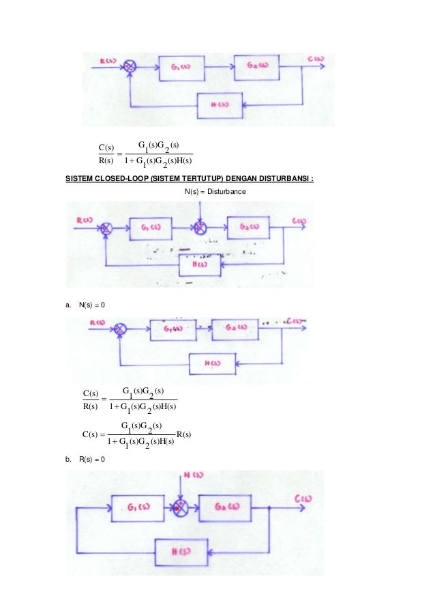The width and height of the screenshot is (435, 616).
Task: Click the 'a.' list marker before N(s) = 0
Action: (69, 313)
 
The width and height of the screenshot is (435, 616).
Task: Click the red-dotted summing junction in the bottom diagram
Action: (180, 507)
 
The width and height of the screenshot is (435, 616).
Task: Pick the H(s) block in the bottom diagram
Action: (181, 552)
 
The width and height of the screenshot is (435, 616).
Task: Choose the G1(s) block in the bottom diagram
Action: (134, 507)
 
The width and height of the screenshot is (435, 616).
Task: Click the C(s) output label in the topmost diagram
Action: (314, 59)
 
